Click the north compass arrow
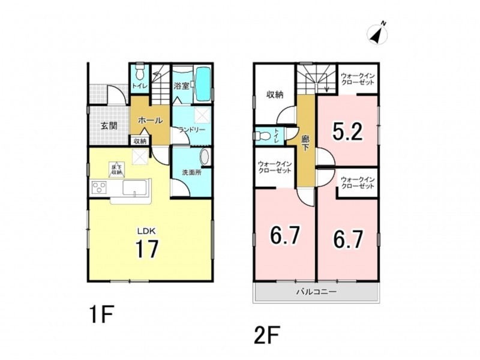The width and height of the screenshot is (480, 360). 377,34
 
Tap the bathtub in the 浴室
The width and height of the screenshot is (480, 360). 203,83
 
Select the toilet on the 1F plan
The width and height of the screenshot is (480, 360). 139,72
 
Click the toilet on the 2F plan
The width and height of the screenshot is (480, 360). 262,136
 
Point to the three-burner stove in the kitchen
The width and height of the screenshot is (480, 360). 99,187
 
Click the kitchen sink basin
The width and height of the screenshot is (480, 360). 134,188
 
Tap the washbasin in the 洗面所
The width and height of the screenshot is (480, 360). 205,157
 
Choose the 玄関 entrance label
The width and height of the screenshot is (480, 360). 109,125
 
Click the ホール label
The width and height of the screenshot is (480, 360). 150,121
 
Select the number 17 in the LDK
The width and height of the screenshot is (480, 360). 147,249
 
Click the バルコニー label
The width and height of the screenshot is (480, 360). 316,292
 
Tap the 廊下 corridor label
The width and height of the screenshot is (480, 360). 305,143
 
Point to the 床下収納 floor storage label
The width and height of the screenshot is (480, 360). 116,170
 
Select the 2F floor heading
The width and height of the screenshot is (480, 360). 266,336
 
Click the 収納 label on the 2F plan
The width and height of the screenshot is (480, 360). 275,95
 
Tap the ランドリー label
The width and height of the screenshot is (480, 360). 192,130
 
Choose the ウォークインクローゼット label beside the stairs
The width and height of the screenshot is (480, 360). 358,79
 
